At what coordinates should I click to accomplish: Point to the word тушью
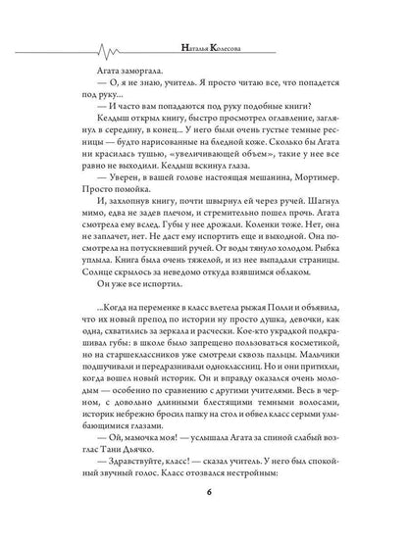click(x=154, y=164)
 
